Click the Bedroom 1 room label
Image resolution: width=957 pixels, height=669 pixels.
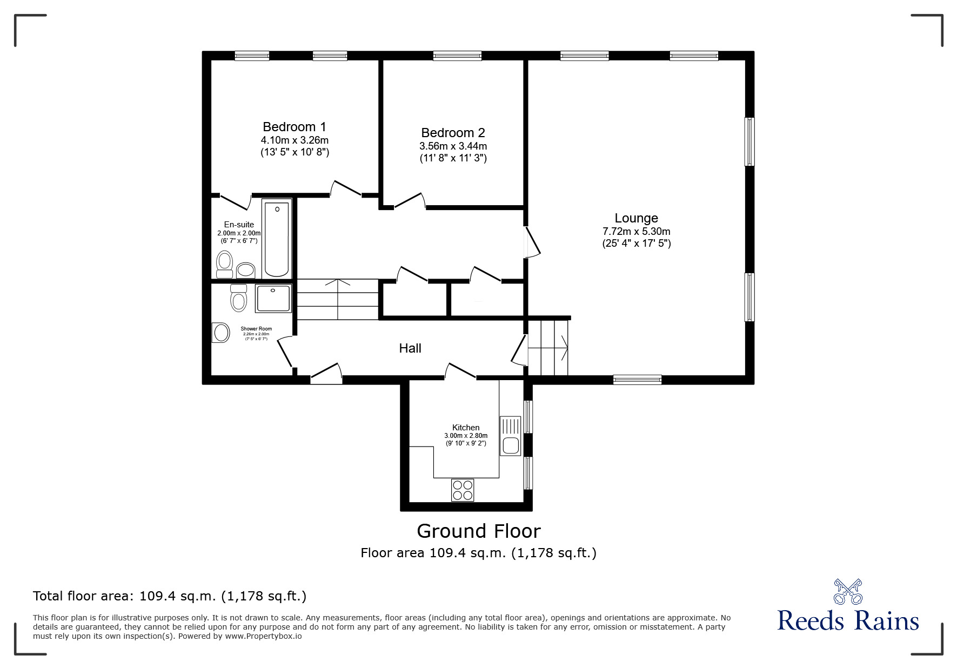[x=295, y=127]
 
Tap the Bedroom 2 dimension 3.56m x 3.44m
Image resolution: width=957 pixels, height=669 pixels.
[x=453, y=146]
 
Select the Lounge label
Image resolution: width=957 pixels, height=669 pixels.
[x=636, y=218]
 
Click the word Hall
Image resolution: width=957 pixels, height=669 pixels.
[x=410, y=348]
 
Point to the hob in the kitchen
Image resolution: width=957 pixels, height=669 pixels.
[x=463, y=490]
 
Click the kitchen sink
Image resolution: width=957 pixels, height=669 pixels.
[x=510, y=446]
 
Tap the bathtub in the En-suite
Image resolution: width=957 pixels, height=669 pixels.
[x=277, y=238]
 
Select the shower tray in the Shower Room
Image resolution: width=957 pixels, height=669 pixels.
[x=273, y=299]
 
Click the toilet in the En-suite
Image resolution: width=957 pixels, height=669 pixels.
[x=224, y=265]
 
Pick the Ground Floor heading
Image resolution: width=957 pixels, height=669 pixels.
[x=478, y=531]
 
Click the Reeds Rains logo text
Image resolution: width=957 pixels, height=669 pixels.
[x=848, y=621]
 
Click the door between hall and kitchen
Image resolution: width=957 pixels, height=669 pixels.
[x=460, y=371]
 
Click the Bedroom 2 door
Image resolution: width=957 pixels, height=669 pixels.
[x=410, y=201]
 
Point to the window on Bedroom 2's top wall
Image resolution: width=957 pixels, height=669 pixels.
[x=457, y=56]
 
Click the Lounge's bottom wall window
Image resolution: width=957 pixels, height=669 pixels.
[x=637, y=380]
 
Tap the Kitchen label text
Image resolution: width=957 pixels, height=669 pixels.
[x=466, y=428]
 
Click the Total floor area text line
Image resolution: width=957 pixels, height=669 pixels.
[x=170, y=596]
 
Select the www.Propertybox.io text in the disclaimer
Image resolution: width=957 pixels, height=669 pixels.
[x=263, y=636]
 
